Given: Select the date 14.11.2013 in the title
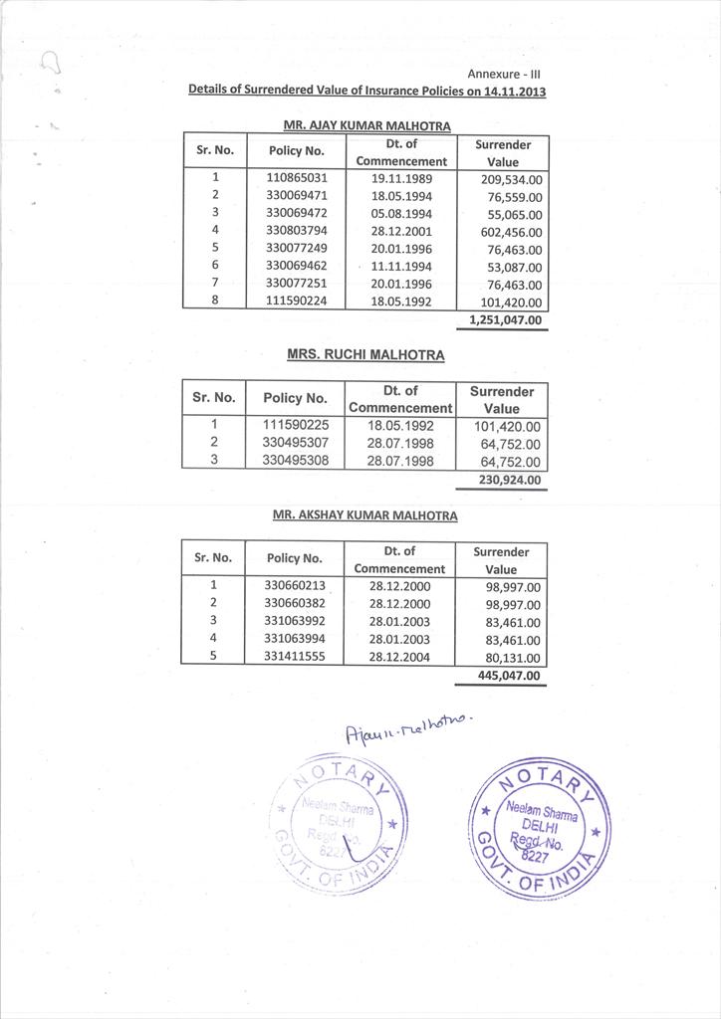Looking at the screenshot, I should click(x=515, y=91).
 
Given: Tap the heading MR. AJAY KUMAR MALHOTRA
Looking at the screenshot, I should click(x=366, y=125).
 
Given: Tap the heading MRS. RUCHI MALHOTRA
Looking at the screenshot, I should click(x=365, y=354).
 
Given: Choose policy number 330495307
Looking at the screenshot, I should click(x=296, y=443).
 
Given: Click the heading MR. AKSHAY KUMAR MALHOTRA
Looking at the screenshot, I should click(x=365, y=516).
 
